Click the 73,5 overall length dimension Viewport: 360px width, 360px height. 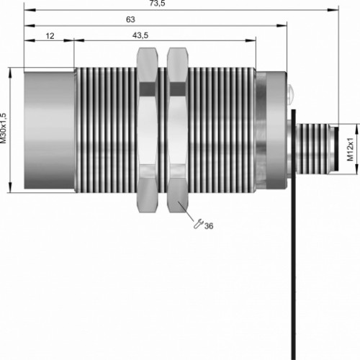pos(158,3)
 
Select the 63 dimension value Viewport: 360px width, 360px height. pos(130,19)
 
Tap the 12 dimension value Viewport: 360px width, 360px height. pos(50,36)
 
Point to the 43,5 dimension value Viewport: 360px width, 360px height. pos(140,35)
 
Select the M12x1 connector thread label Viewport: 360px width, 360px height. pos(351,149)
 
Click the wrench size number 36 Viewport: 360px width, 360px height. pos(209,226)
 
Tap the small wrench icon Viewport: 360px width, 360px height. pos(199,224)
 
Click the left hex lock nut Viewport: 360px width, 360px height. pos(148,130)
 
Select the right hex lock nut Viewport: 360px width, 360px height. pos(177,130)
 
